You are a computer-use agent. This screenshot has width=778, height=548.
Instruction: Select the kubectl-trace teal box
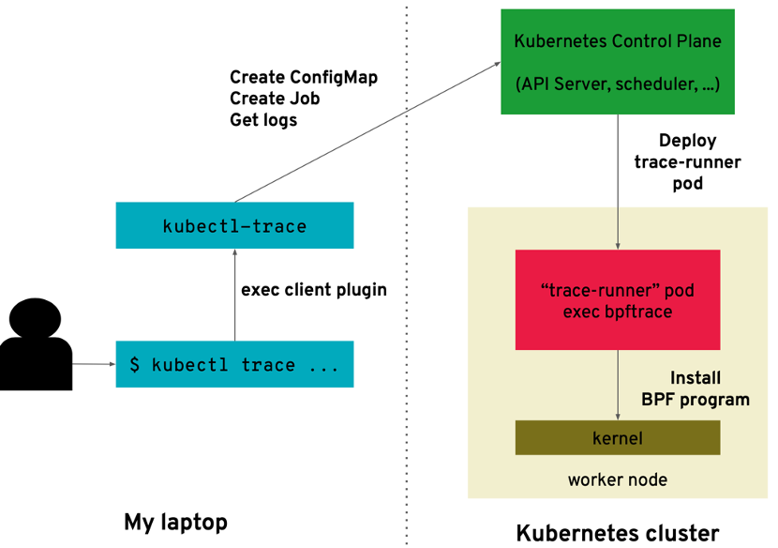pos(234,226)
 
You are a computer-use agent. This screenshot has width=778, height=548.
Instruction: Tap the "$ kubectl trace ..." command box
pos(234,364)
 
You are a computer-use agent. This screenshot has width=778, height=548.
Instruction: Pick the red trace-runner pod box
pos(618,299)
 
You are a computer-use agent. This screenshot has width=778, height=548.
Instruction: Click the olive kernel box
pos(618,437)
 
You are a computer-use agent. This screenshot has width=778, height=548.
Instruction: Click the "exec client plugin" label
pos(314,290)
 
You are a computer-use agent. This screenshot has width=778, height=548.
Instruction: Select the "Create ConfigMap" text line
pos(304,77)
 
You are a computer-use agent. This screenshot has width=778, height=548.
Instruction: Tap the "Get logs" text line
pos(263,119)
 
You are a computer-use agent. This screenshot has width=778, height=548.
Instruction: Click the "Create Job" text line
pos(275,99)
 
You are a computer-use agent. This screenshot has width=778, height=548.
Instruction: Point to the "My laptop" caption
pos(175,522)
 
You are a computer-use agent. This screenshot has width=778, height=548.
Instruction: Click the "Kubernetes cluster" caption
pos(618,533)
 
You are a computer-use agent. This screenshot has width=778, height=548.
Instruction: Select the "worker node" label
pos(618,479)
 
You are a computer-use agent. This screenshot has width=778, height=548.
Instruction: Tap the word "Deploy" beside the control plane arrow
pos(687,141)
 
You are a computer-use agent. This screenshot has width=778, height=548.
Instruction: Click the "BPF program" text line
pos(696,400)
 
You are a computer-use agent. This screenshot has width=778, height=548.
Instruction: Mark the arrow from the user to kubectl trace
pos(93,363)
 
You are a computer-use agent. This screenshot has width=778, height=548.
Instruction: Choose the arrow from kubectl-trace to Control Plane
pos(366,131)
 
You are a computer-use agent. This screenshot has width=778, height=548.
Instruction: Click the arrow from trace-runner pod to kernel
pos(618,385)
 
